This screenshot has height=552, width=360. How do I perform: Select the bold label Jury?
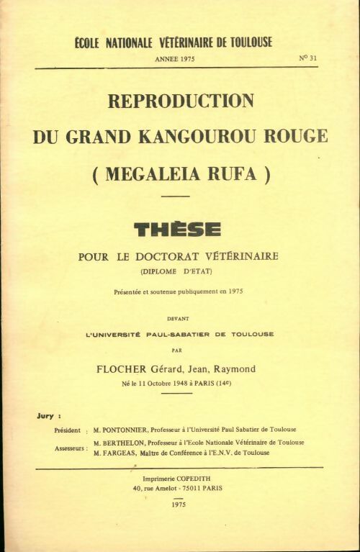[45, 416]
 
